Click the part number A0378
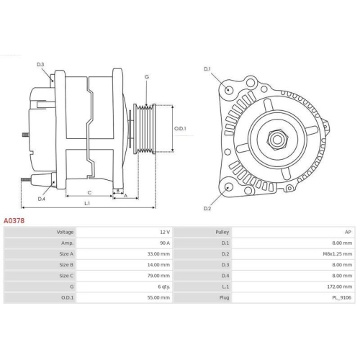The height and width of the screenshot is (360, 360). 14,221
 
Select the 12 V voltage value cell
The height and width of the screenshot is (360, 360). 164,233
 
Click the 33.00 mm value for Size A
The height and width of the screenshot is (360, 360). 160,254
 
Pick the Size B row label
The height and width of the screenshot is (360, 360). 66,264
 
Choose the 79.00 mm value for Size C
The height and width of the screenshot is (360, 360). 160,275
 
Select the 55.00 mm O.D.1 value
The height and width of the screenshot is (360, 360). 160,297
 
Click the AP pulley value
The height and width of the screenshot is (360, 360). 348,233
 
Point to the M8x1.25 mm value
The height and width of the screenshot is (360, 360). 338,254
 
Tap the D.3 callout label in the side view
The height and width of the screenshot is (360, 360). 40,65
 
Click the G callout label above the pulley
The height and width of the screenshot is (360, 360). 147,77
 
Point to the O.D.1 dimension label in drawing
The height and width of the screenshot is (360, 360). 181,129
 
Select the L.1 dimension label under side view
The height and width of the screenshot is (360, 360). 86,204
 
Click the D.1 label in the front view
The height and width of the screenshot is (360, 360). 207,69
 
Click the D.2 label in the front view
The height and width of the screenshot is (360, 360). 207,208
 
